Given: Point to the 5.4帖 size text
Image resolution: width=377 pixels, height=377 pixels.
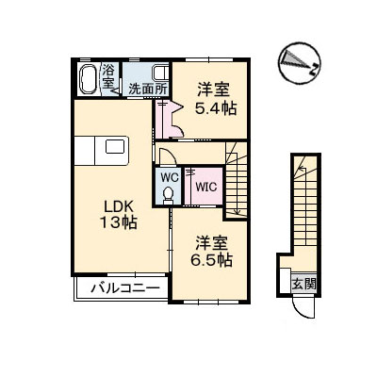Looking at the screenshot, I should [x=214, y=108].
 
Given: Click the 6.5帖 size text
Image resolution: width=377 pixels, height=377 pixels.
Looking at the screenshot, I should [x=214, y=261].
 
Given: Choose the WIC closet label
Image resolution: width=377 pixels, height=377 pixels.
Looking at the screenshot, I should [x=205, y=187].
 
